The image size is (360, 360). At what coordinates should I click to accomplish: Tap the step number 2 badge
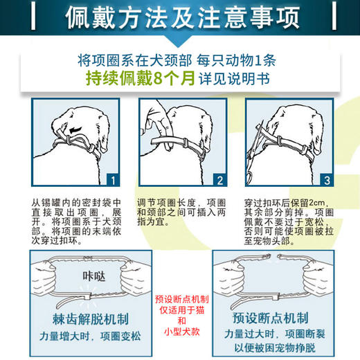point(219,182)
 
